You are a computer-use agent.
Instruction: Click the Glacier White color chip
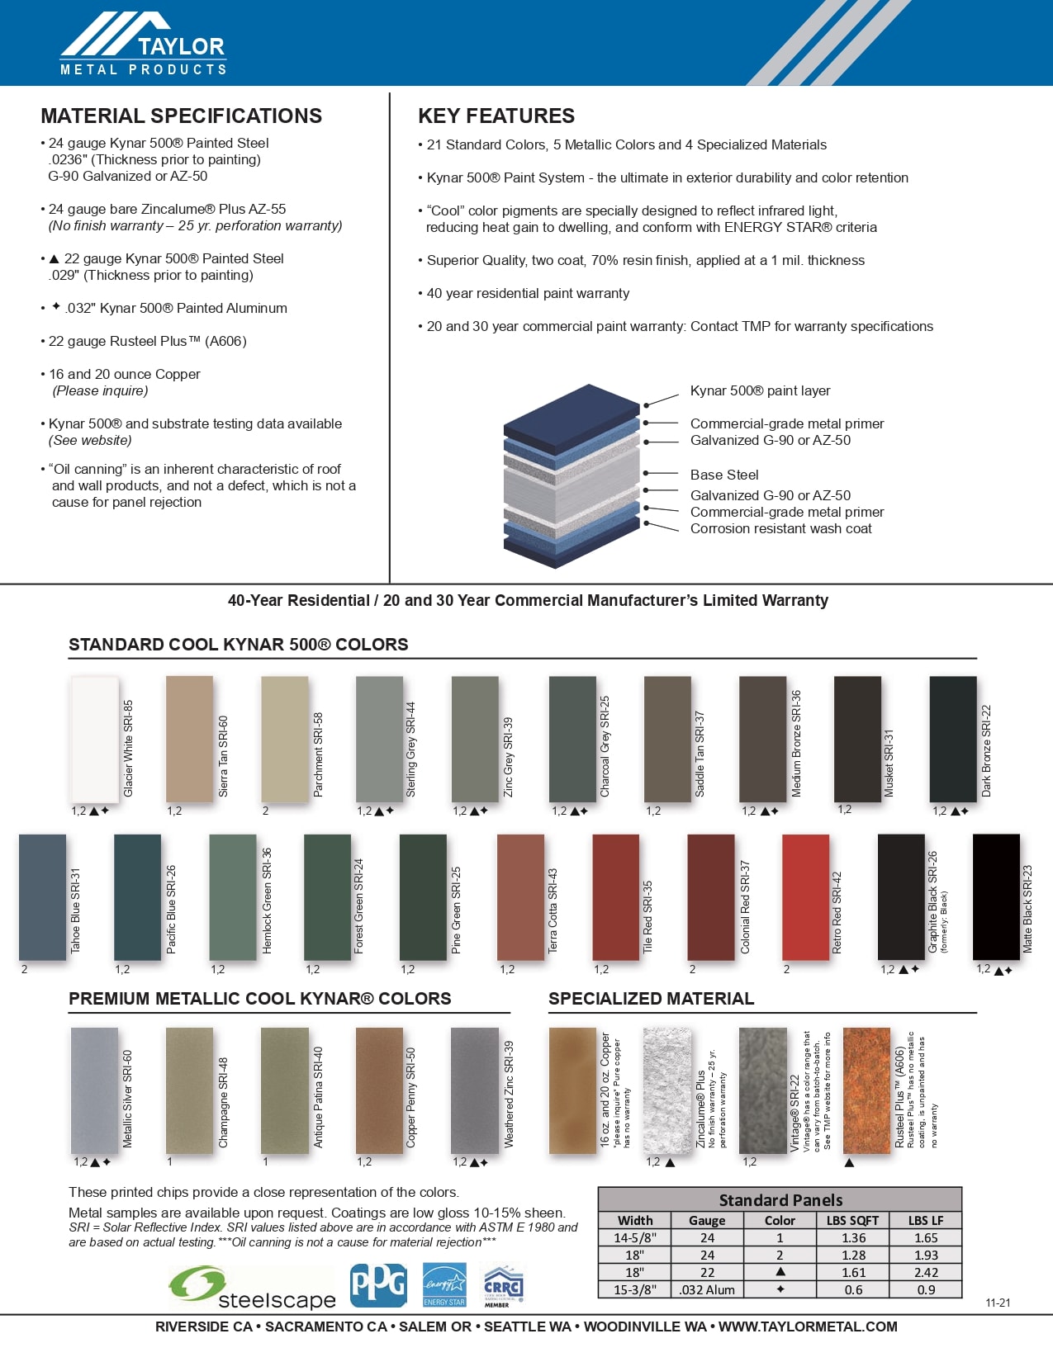point(95,739)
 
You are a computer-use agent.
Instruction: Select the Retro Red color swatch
point(805,897)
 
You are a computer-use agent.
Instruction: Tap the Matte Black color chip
point(996,897)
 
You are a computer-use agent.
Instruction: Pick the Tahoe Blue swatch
point(42,897)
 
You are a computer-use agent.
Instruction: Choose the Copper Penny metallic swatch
point(379,1090)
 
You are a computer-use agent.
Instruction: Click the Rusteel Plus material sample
point(866,1090)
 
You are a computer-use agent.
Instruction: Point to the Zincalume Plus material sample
point(666,1090)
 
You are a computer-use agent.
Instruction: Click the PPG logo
point(378,1285)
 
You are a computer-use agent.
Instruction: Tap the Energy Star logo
point(444,1285)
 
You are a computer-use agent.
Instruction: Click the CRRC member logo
point(502,1286)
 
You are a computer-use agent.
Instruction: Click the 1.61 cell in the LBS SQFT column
point(853,1272)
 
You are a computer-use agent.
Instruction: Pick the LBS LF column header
point(926,1220)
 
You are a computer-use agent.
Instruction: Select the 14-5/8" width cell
point(634,1237)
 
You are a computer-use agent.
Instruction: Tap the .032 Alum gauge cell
point(707,1289)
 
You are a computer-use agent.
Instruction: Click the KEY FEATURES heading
point(496,116)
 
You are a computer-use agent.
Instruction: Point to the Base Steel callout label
point(724,475)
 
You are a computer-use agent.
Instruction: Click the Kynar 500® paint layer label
point(760,390)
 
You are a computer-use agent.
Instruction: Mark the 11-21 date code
point(998,1303)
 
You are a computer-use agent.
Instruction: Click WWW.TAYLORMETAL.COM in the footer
point(808,1327)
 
